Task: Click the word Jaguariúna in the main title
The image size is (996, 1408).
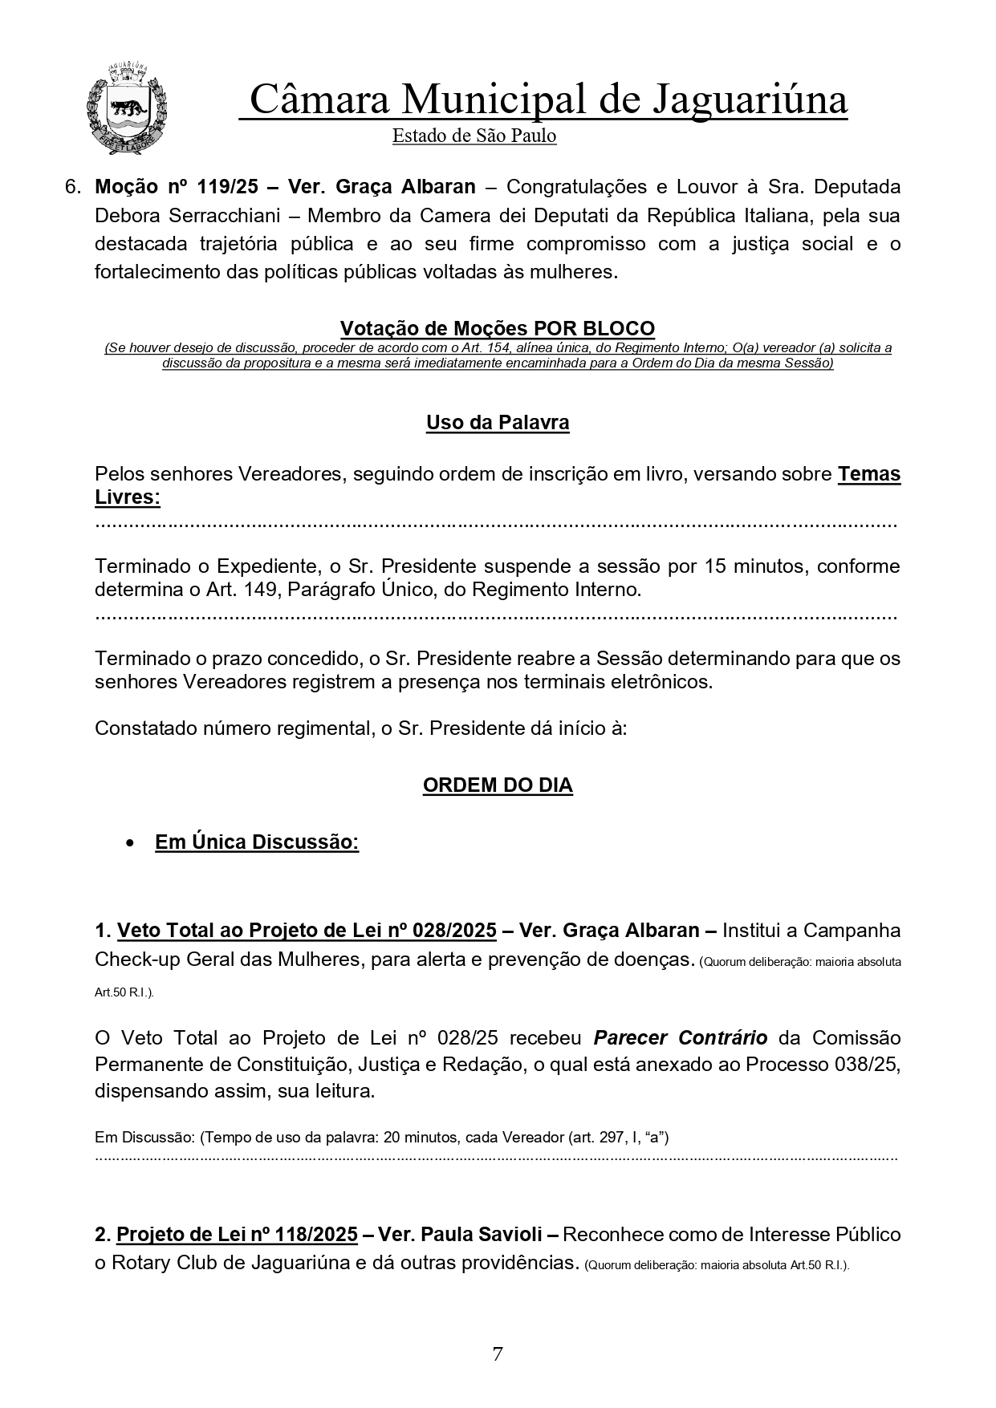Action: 750,101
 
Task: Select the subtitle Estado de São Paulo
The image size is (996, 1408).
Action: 474,136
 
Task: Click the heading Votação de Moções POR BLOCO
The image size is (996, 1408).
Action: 497,328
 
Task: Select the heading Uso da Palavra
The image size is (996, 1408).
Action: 498,423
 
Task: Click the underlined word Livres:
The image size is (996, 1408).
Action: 128,497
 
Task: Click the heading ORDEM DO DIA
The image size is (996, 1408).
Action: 498,785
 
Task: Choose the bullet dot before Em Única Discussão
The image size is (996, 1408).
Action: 129,844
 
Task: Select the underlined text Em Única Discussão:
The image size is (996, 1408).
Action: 257,842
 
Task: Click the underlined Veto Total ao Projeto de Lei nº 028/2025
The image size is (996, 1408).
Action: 307,931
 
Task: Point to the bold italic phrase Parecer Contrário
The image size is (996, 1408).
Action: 681,1038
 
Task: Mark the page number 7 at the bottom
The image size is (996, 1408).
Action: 498,1354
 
